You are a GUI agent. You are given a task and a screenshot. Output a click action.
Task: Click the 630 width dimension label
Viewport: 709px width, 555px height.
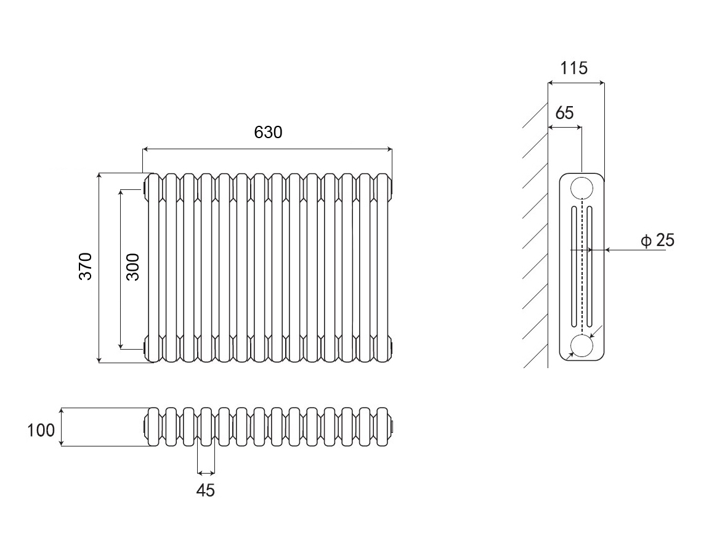click(267, 133)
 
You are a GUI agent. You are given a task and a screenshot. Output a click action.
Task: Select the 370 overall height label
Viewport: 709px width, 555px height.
click(85, 266)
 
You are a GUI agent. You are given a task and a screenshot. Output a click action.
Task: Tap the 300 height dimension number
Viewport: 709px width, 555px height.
click(133, 266)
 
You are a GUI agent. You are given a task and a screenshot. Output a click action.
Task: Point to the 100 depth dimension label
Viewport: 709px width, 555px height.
click(41, 430)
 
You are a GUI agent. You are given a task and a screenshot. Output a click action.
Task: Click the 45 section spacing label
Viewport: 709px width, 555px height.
click(206, 490)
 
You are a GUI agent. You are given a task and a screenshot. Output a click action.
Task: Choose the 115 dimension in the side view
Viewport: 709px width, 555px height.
click(574, 68)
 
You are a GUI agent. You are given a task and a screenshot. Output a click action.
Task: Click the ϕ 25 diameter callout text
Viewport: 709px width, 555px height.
click(657, 240)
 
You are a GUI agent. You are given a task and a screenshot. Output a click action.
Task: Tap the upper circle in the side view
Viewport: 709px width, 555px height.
click(581, 187)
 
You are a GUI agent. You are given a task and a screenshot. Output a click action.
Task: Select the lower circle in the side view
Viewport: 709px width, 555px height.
click(581, 345)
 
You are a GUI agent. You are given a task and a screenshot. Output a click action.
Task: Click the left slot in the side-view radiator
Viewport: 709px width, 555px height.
click(574, 266)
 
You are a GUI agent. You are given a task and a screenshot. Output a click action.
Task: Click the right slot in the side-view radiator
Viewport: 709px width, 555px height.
click(589, 266)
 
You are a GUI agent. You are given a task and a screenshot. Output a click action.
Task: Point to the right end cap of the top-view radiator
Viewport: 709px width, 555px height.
click(392, 426)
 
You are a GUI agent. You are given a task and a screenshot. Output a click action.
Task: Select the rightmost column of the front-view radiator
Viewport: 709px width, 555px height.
click(383, 266)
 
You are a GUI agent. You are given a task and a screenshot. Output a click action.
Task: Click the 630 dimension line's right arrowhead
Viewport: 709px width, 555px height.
click(389, 149)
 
